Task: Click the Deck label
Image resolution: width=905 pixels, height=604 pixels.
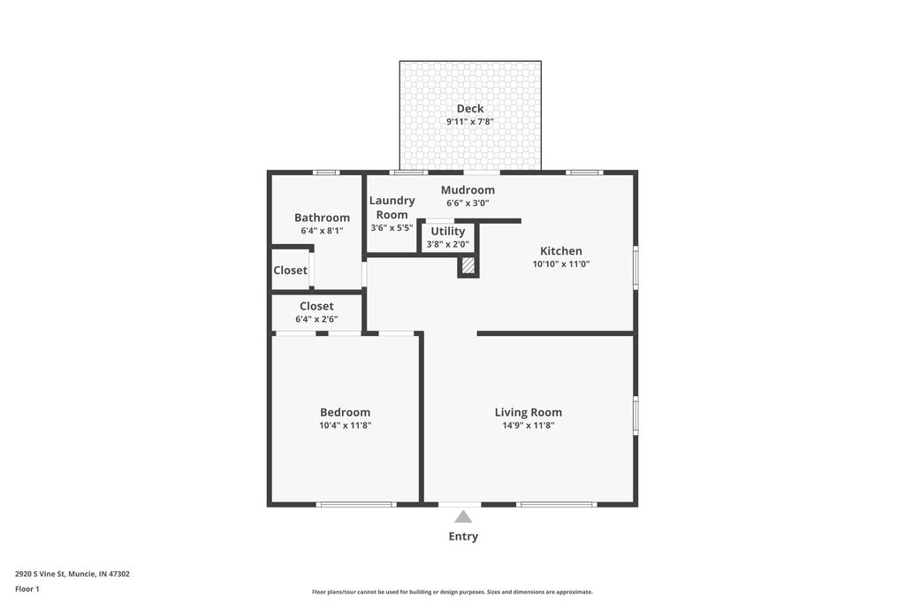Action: [470, 109]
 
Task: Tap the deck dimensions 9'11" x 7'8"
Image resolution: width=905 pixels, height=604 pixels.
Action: [470, 122]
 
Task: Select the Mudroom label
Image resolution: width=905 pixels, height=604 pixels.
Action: [468, 190]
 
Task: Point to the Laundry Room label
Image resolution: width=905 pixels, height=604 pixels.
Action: [392, 207]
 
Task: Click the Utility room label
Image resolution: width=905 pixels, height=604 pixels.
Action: [448, 232]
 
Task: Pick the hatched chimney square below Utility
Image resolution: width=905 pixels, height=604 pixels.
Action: [468, 264]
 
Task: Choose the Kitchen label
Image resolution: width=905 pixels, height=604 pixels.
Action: [561, 251]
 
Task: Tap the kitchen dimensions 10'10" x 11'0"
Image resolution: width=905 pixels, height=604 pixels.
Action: [561, 264]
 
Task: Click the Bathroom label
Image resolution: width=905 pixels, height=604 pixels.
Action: [322, 218]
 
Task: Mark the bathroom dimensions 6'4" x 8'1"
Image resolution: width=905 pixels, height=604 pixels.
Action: [322, 231]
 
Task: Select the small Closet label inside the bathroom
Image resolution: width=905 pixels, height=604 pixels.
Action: [290, 271]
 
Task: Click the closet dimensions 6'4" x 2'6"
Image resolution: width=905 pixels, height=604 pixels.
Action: [316, 319]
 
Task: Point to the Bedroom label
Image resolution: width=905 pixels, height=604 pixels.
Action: [345, 412]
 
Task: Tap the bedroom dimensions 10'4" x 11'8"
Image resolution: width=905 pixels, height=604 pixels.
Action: [345, 425]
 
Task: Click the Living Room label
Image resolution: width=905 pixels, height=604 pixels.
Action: [529, 412]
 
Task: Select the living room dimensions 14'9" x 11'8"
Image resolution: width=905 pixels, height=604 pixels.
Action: [529, 425]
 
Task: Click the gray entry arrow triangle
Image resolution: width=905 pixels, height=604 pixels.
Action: [463, 516]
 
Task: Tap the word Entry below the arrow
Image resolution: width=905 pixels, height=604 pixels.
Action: [463, 536]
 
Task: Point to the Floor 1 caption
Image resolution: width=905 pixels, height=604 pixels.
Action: [27, 589]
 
